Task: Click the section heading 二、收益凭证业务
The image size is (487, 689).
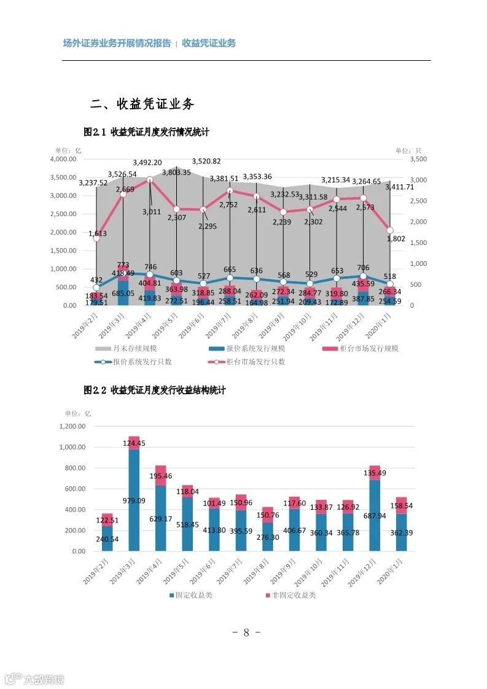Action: tap(142, 104)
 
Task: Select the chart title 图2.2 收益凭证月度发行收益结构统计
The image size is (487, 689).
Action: tap(155, 391)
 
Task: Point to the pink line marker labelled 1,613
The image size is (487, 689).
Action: tap(96, 238)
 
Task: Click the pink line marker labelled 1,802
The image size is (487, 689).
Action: tap(390, 230)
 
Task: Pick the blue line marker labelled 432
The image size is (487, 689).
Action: tap(96, 287)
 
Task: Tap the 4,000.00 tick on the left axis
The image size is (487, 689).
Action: tap(63, 159)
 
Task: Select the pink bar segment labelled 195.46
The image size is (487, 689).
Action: tap(160, 475)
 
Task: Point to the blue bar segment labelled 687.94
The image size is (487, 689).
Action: tap(374, 515)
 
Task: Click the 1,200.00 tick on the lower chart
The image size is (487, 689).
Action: tap(72, 426)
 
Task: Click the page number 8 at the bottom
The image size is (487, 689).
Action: tap(246, 633)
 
